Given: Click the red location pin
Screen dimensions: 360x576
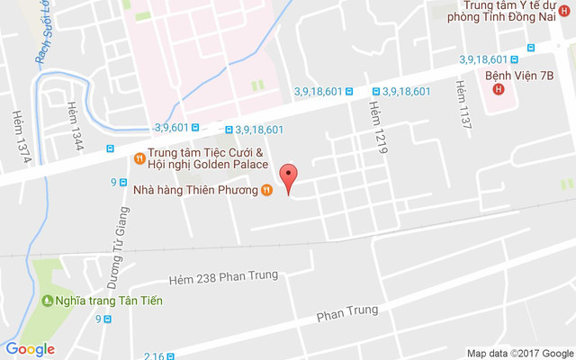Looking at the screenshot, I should (288, 177).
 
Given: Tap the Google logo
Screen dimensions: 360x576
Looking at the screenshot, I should (30, 349).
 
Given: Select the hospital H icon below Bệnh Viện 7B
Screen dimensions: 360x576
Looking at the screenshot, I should (497, 91).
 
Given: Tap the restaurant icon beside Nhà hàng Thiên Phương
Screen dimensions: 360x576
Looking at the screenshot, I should (266, 190).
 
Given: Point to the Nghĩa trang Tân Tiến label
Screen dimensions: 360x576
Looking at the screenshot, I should (109, 301).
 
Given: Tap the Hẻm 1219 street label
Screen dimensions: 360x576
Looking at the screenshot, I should (377, 123).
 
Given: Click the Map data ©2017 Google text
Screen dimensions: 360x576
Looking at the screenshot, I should (519, 353).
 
